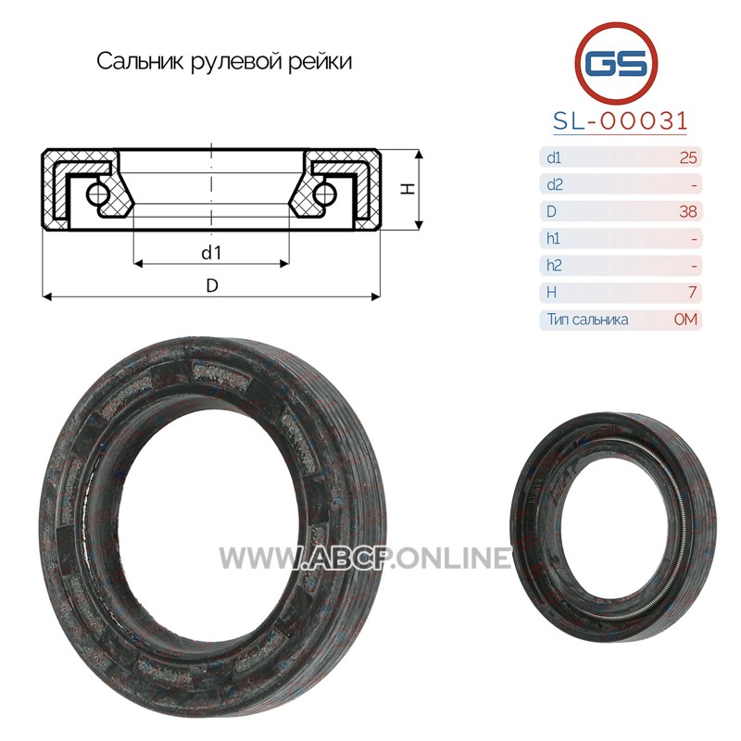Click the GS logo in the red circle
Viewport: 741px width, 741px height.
pyautogui.click(x=616, y=63)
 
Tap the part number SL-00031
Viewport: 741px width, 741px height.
pyautogui.click(x=620, y=121)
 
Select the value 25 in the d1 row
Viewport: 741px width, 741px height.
pyautogui.click(x=688, y=157)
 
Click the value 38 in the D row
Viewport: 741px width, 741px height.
pyautogui.click(x=688, y=212)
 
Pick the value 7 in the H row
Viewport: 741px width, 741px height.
pyautogui.click(x=692, y=293)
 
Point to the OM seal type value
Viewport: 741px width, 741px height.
pyautogui.click(x=685, y=320)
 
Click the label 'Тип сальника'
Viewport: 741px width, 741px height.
pyautogui.click(x=588, y=320)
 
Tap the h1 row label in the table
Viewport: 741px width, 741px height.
pyautogui.click(x=553, y=239)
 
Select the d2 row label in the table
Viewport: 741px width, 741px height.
pyautogui.click(x=554, y=184)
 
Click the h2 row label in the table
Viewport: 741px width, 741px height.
pyautogui.click(x=554, y=266)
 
